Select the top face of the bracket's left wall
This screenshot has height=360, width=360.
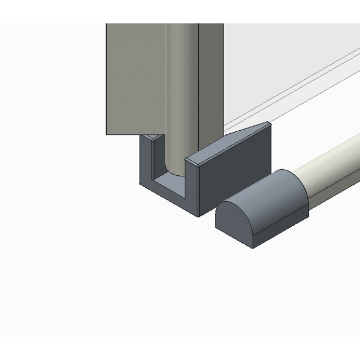pyautogui.click(x=152, y=137)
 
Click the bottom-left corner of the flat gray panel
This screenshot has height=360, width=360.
pyautogui.click(x=106, y=134)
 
